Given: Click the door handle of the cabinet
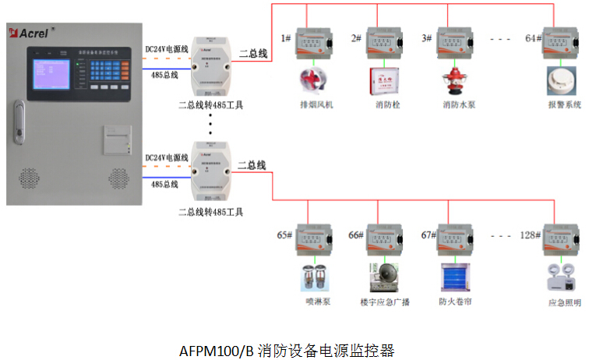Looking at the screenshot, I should (20, 123).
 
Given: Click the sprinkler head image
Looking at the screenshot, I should (314, 277).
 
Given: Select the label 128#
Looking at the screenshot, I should (531, 235).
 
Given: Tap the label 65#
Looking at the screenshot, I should (285, 235).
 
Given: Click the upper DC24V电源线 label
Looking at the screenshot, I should (168, 49).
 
